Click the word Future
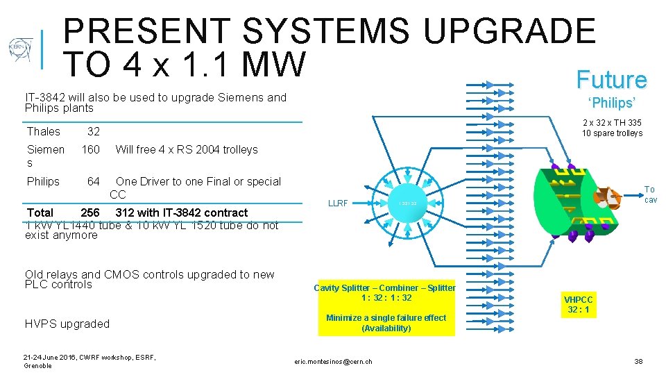[611, 80]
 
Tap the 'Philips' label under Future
[611, 103]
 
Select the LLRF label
[337, 203]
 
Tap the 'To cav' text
[649, 194]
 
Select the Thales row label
[44, 131]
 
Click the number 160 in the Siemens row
[91, 149]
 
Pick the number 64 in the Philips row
[93, 181]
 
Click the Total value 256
[90, 212]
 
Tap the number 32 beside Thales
[93, 131]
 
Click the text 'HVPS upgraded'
[67, 324]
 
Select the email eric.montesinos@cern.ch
[333, 361]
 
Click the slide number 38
[638, 361]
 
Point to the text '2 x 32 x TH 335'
[612, 123]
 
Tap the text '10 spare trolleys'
[612, 133]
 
